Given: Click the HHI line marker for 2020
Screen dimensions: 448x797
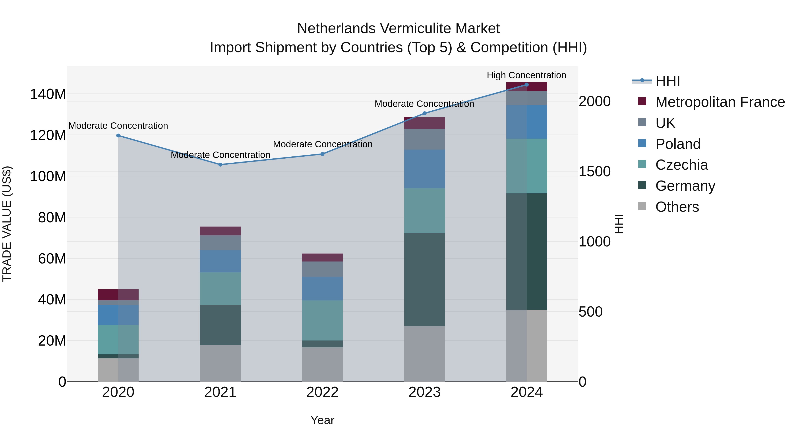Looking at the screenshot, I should click(x=118, y=135).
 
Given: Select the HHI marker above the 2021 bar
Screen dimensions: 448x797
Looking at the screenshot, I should click(x=220, y=164).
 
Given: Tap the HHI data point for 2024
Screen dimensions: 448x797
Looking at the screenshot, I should click(x=527, y=85).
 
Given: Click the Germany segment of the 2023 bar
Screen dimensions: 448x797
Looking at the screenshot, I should click(x=424, y=279).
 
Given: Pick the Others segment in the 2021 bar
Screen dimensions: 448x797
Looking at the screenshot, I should click(x=220, y=363).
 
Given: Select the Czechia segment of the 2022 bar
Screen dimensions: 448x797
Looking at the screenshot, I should click(x=322, y=320).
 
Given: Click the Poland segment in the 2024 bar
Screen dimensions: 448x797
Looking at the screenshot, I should click(x=527, y=122).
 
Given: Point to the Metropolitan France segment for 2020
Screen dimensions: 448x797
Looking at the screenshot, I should click(x=118, y=294).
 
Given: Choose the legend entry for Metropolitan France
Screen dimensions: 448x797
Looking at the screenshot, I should click(x=720, y=102).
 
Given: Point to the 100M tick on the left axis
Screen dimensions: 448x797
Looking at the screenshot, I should click(x=48, y=177).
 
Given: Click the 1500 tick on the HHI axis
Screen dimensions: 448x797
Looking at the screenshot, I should click(x=594, y=172).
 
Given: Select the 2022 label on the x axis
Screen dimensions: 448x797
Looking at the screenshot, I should click(x=322, y=392).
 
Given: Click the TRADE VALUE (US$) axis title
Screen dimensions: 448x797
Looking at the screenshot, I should click(x=7, y=224).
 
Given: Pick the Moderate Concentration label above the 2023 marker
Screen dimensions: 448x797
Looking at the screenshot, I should click(x=424, y=104).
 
